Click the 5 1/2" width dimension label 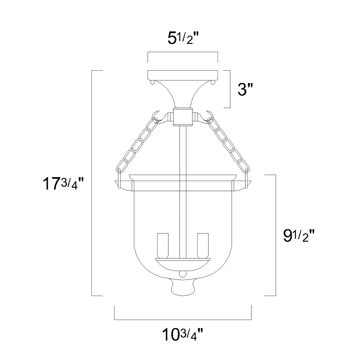[x=183, y=38]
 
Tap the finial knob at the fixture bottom [x=183, y=287]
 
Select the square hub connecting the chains [x=183, y=117]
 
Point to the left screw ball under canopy [x=152, y=82]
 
